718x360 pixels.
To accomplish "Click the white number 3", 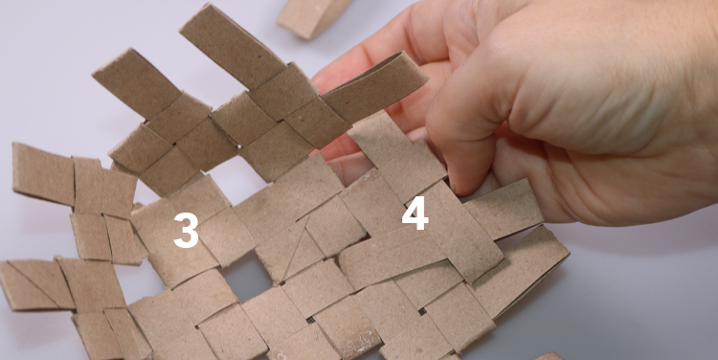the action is pyautogui.click(x=186, y=230).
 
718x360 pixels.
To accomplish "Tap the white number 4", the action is pyautogui.click(x=415, y=213).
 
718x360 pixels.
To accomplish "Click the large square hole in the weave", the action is pyautogui.click(x=246, y=276).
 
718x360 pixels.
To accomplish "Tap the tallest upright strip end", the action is pyautogui.click(x=233, y=46).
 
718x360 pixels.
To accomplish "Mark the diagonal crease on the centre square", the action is pyautogui.click(x=292, y=250).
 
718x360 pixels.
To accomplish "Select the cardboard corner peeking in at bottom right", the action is pyautogui.click(x=550, y=356).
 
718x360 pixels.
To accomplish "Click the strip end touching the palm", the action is pyautogui.click(x=504, y=209).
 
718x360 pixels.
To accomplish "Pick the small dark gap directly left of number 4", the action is pyautogui.click(x=361, y=236).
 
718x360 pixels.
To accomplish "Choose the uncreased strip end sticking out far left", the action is pyautogui.click(x=43, y=173).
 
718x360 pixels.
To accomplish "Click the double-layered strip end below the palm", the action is pyautogui.click(x=522, y=271).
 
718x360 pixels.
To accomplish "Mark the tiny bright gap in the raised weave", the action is pyautogui.click(x=239, y=146).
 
